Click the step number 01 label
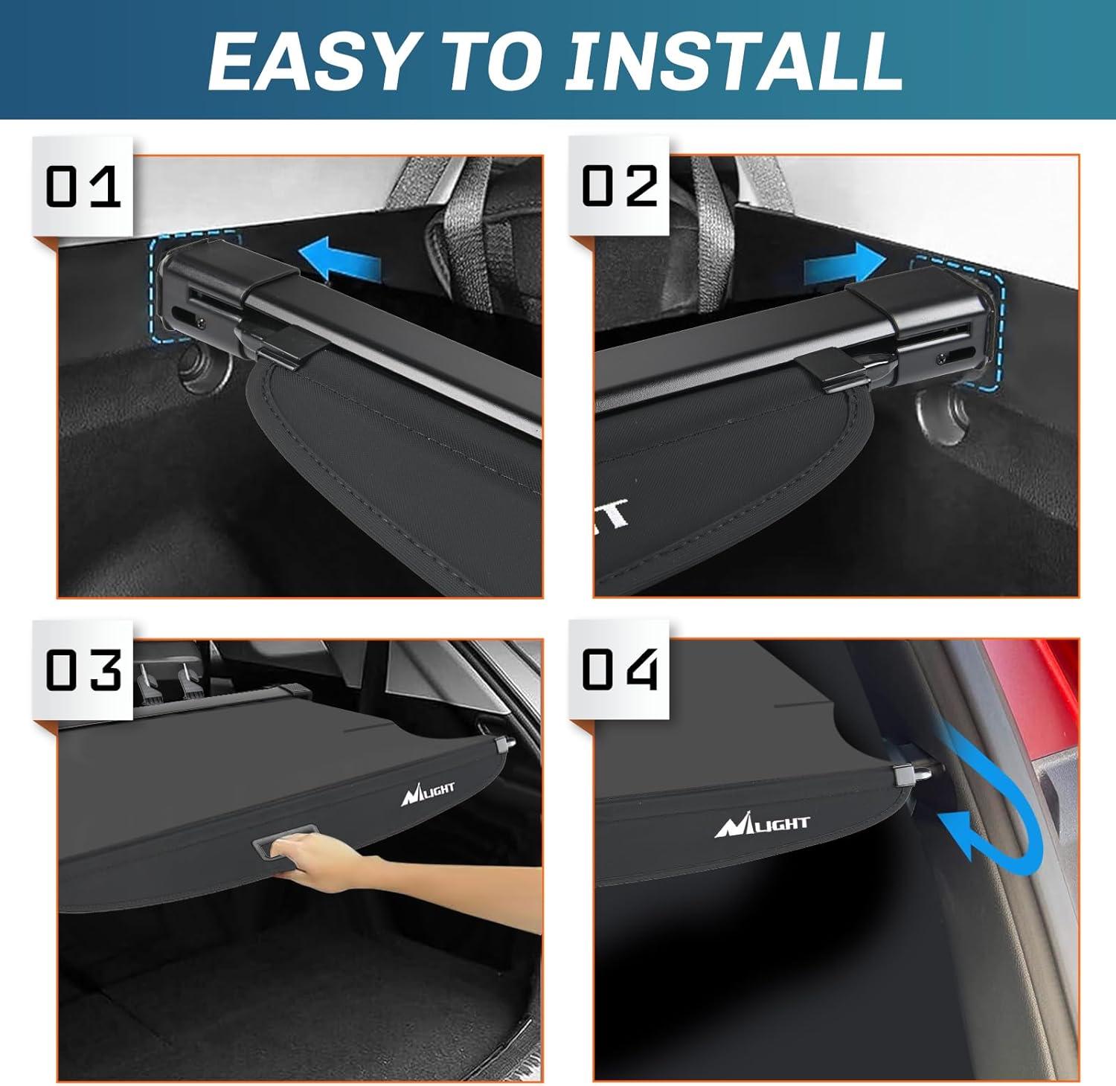click(83, 186)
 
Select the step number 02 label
click(619, 186)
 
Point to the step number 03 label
click(83, 669)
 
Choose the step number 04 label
click(619, 669)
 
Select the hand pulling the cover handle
click(327, 863)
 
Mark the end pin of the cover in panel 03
click(506, 744)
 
